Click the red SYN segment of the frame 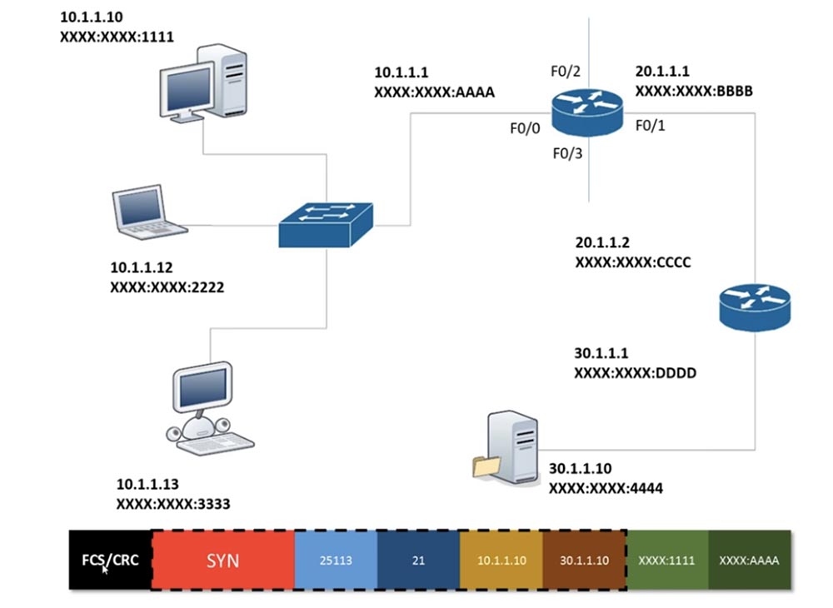pyautogui.click(x=222, y=560)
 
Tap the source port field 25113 pyautogui.click(x=336, y=560)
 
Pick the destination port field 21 pyautogui.click(x=418, y=560)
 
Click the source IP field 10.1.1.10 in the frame pyautogui.click(x=501, y=560)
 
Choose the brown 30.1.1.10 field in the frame pyautogui.click(x=584, y=560)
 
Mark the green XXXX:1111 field pyautogui.click(x=666, y=560)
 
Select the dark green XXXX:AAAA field pyautogui.click(x=748, y=560)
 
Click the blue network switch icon pyautogui.click(x=326, y=222)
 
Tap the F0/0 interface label pyautogui.click(x=526, y=129)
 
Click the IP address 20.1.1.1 pyautogui.click(x=662, y=72)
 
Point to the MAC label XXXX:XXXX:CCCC pyautogui.click(x=633, y=262)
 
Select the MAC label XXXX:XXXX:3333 pyautogui.click(x=173, y=503)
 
